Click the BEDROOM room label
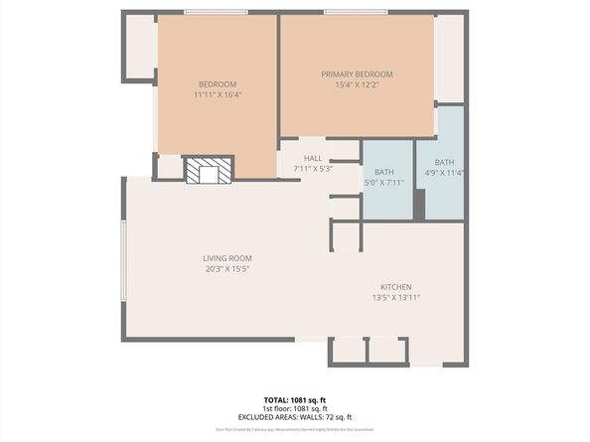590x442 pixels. click(x=218, y=83)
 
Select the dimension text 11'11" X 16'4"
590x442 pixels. click(x=218, y=95)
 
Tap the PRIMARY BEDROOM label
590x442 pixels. click(x=357, y=74)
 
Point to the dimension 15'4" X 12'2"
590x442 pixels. click(x=357, y=85)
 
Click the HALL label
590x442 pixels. click(x=313, y=157)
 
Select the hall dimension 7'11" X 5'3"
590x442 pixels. click(x=313, y=168)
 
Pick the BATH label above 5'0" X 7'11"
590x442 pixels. click(x=383, y=172)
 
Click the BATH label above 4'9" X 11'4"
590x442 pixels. click(x=444, y=163)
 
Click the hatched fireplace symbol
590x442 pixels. click(x=209, y=172)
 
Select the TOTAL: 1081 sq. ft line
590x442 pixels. click(x=295, y=399)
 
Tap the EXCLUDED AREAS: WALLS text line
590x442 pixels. click(x=295, y=417)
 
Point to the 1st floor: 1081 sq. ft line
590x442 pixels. click(x=295, y=408)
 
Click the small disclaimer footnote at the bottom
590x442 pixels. click(x=295, y=429)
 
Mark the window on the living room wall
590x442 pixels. click(x=123, y=259)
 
